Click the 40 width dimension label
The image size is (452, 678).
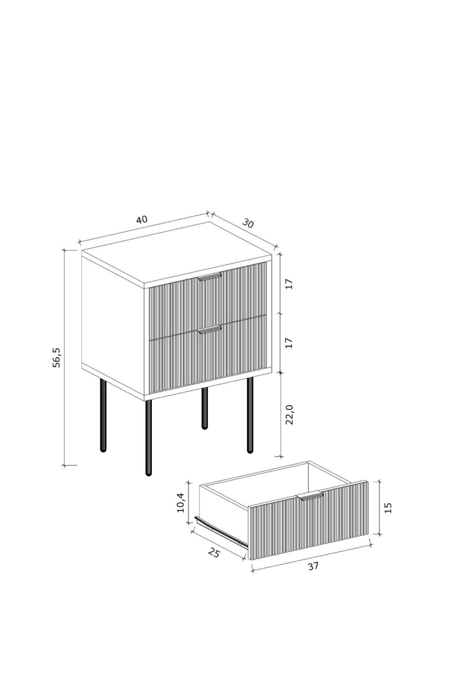pyautogui.click(x=142, y=219)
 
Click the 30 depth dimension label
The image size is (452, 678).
pyautogui.click(x=248, y=224)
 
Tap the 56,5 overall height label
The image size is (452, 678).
pyautogui.click(x=57, y=357)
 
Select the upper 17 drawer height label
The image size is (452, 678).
pyautogui.click(x=289, y=284)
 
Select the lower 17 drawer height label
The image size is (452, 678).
pyautogui.click(x=289, y=342)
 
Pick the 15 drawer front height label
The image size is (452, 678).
pyautogui.click(x=389, y=507)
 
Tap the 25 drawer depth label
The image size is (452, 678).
pyautogui.click(x=214, y=553)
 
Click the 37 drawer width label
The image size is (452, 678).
pyautogui.click(x=313, y=566)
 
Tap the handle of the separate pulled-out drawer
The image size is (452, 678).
pyautogui.click(x=310, y=496)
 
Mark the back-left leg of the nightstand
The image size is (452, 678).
pyautogui.click(x=103, y=415)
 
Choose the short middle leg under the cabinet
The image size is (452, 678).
pyautogui.click(x=205, y=408)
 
